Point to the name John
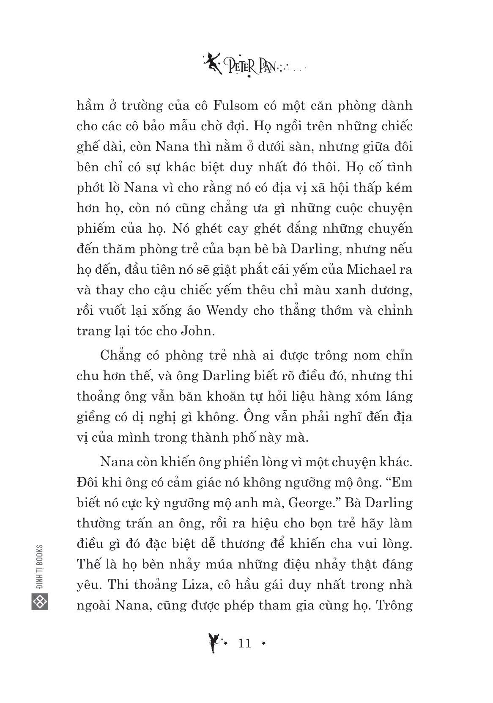[198, 330]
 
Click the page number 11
[245, 643]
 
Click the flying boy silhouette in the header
[211, 62]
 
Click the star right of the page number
[264, 644]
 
